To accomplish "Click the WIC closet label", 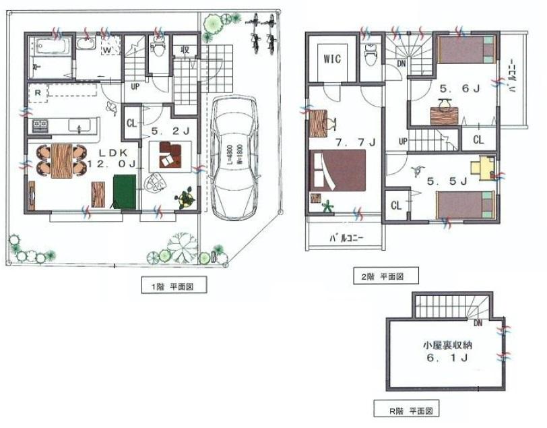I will pos(332,59).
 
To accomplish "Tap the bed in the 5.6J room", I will pos(466,49).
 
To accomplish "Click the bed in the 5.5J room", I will pos(465,204).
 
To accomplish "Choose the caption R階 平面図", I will pos(408,408).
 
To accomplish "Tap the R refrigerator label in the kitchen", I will pos(38,92).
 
